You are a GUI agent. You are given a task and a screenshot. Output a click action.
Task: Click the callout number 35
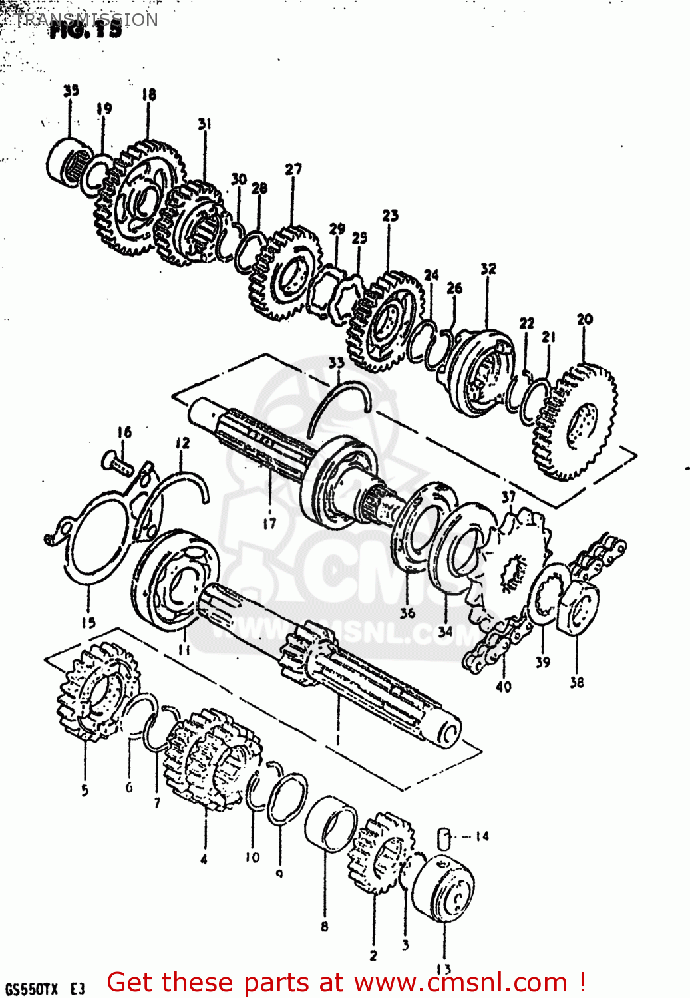click(71, 91)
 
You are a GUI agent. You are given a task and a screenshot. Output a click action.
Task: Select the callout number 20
click(584, 319)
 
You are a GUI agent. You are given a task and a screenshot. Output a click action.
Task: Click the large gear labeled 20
click(576, 422)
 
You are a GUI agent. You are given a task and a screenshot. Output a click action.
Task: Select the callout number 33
click(336, 363)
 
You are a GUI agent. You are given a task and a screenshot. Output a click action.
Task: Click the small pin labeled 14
click(444, 838)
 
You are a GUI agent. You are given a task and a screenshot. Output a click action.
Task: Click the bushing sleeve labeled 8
click(330, 823)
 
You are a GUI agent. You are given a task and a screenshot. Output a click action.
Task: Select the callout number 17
click(269, 524)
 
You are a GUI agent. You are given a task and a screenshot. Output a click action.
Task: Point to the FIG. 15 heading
click(86, 29)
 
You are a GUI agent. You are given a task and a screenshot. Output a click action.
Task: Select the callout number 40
click(503, 686)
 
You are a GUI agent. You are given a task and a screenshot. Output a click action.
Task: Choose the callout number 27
click(293, 170)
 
